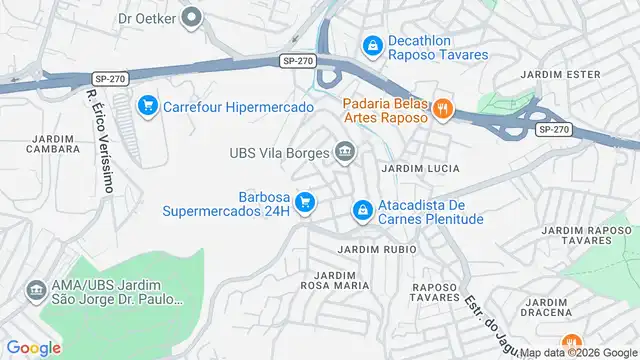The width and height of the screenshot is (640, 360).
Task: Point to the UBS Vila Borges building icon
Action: click(346, 153)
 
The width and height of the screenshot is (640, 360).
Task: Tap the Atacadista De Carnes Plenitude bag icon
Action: click(362, 211)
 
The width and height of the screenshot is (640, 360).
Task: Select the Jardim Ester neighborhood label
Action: click(560, 75)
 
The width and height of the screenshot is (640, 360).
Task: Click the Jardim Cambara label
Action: click(55, 143)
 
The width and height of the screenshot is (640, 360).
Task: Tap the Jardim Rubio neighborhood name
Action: click(371, 248)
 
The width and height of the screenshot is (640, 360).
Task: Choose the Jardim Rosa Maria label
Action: click(335, 279)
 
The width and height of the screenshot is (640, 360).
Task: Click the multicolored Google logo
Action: click(33, 348)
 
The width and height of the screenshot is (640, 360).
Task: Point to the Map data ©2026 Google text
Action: click(574, 351)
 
